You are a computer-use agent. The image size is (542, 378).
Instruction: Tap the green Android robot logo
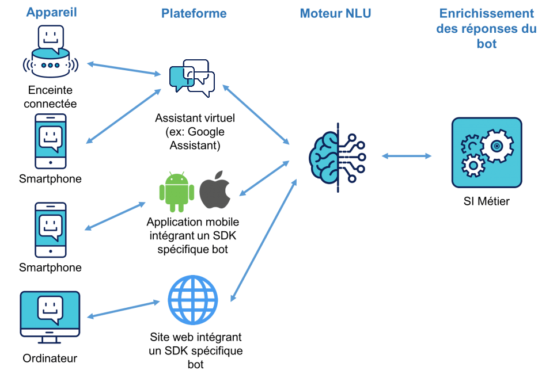point(176,190)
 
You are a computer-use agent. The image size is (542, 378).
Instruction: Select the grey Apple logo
point(215,190)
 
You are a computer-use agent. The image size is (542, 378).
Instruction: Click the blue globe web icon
point(192,301)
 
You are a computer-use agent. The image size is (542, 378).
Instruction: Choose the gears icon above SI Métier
point(487,152)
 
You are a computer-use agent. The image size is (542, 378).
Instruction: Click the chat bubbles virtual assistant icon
point(192,78)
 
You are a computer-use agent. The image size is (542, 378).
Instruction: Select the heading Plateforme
point(194,13)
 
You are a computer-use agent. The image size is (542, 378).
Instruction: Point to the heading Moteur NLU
point(335,13)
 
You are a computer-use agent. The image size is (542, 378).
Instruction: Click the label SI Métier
point(486,202)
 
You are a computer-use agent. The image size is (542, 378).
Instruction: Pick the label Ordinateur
point(50,358)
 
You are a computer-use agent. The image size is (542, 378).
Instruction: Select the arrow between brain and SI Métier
point(406,156)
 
